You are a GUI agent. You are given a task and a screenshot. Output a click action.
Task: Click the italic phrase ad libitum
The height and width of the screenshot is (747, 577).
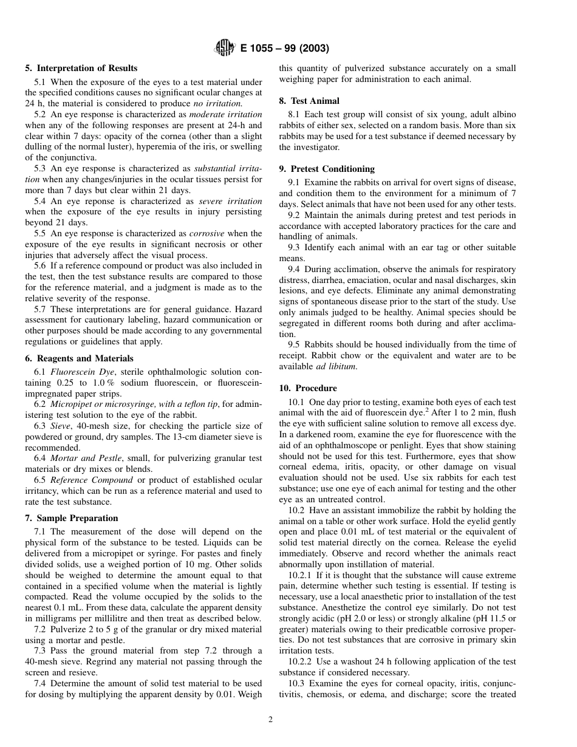[336, 366]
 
